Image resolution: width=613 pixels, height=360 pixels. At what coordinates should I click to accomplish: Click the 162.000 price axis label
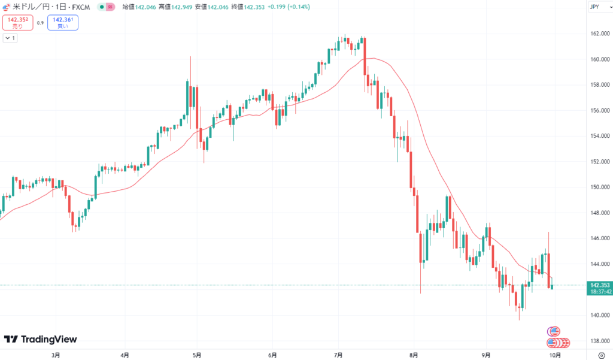[x=599, y=34]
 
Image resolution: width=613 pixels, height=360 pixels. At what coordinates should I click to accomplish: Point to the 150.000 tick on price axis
[x=599, y=187]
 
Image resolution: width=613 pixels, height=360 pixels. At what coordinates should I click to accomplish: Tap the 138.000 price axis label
[x=599, y=341]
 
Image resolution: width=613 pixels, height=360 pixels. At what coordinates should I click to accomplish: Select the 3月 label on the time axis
[x=56, y=355]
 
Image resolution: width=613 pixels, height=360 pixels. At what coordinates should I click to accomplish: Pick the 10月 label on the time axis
[x=555, y=355]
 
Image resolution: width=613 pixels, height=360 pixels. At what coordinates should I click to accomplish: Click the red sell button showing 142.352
[x=16, y=23]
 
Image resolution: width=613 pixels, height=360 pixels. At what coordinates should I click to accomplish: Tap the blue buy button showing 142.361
[x=62, y=23]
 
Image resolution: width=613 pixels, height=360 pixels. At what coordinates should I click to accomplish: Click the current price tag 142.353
[x=599, y=285]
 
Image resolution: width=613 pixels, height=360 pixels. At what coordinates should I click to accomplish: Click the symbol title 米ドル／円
[x=34, y=7]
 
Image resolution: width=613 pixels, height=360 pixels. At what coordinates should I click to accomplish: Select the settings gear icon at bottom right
[x=601, y=355]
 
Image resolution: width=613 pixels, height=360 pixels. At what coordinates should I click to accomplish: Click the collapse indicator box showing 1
[x=10, y=38]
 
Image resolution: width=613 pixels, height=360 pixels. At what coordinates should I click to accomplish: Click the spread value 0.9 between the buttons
[x=40, y=23]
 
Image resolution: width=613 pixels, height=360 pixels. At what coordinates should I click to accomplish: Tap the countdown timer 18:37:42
[x=599, y=292]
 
